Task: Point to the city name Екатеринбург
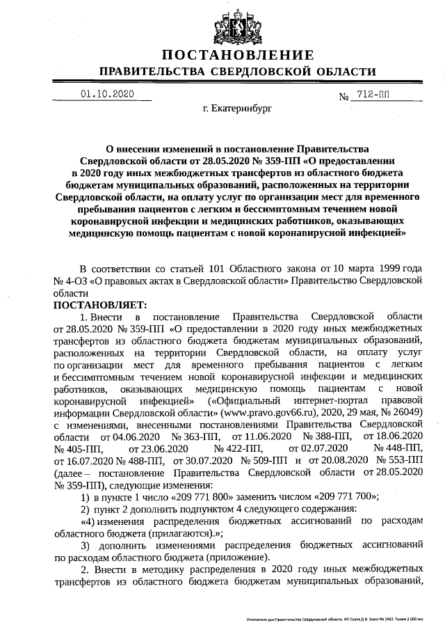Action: click(x=238, y=109)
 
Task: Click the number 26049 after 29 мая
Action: click(x=407, y=411)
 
